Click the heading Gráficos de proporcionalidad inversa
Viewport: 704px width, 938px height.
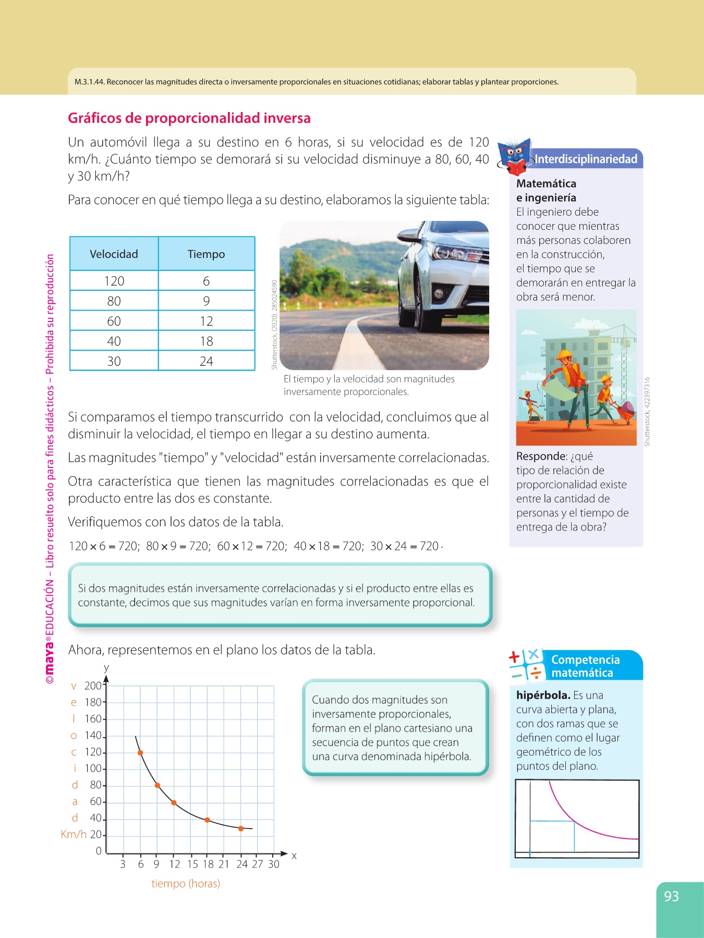pyautogui.click(x=189, y=118)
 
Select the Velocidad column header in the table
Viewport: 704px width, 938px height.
pyautogui.click(x=114, y=254)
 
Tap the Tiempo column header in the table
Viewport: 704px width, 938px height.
pyautogui.click(x=206, y=254)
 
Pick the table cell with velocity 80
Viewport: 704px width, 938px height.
pyautogui.click(x=114, y=301)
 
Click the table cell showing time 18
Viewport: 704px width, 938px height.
pyautogui.click(x=206, y=341)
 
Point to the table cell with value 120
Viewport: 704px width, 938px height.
pyautogui.click(x=114, y=281)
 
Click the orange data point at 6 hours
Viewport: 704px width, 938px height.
pyautogui.click(x=140, y=752)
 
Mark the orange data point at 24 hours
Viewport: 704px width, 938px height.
pyautogui.click(x=240, y=829)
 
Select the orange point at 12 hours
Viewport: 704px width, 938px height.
pyautogui.click(x=174, y=803)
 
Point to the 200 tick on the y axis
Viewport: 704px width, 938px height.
pyautogui.click(x=93, y=686)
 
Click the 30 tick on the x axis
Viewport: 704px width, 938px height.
pyautogui.click(x=274, y=864)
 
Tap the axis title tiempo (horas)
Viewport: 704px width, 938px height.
pyautogui.click(x=186, y=884)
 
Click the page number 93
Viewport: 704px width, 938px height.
pyautogui.click(x=671, y=896)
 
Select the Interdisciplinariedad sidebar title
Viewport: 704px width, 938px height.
pyautogui.click(x=586, y=159)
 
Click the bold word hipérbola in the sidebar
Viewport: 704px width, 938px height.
pyautogui.click(x=543, y=695)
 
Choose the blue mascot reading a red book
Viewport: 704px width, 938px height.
pyautogui.click(x=514, y=156)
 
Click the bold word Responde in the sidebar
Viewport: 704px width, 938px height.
pyautogui.click(x=541, y=456)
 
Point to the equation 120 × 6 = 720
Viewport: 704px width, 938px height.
pyautogui.click(x=104, y=546)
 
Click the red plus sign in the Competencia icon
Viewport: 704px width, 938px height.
pyautogui.click(x=515, y=657)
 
